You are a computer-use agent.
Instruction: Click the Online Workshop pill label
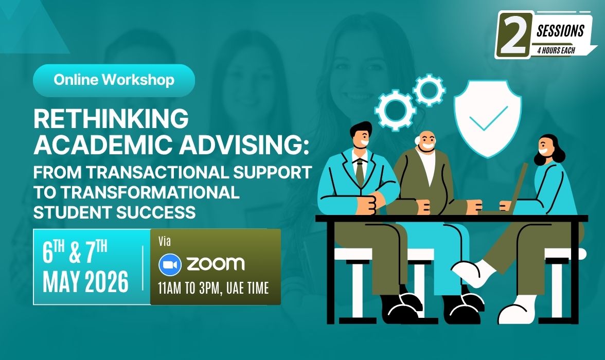pos(114,80)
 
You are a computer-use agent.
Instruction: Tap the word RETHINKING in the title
pos(111,118)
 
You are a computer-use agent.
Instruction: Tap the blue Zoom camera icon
pos(170,265)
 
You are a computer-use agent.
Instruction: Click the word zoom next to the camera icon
pos(215,264)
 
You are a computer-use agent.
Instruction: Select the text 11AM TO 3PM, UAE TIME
pos(213,288)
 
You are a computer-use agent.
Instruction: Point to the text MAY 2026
pos(85,281)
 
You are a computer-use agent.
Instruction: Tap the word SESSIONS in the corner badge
pos(560,31)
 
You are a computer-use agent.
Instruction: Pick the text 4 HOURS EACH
pos(556,50)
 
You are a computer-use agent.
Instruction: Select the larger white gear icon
pos(395,111)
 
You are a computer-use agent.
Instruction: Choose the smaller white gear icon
pos(429,91)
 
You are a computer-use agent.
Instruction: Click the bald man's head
pos(425,141)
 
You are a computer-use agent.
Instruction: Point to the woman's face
pos(544,147)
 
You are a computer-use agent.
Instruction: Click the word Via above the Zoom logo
pos(165,242)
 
